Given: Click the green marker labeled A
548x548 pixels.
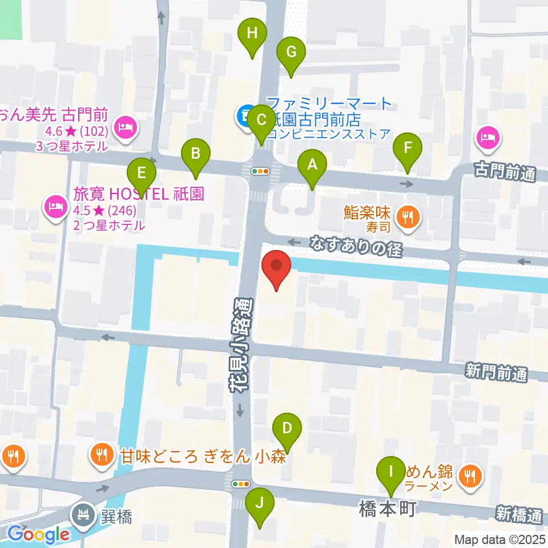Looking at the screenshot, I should click(x=312, y=166).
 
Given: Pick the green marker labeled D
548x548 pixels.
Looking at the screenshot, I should click(x=287, y=428).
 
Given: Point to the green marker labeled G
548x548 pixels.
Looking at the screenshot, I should click(x=291, y=53).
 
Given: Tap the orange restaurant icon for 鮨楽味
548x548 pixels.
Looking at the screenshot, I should click(x=408, y=217).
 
